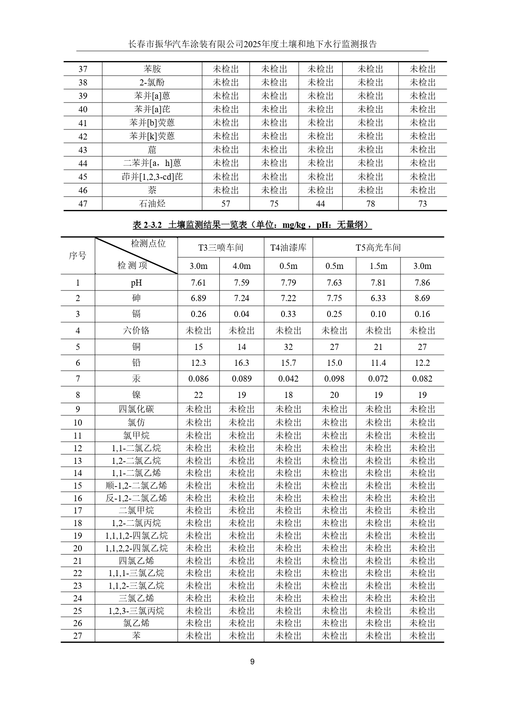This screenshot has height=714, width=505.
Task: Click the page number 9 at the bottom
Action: [x=252, y=661]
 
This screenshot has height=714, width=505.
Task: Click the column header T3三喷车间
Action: [x=221, y=247]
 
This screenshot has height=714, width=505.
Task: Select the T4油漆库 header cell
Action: [x=288, y=247]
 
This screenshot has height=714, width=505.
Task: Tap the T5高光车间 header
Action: [x=378, y=247]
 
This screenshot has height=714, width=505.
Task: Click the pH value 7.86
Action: [x=422, y=282]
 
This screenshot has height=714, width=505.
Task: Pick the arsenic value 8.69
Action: [x=422, y=298]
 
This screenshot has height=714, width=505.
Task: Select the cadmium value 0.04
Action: [x=241, y=314]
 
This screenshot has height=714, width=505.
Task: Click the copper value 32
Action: [x=288, y=347]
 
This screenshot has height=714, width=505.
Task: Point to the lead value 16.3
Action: [x=241, y=362]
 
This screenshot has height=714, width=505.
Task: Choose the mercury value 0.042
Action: [x=288, y=378]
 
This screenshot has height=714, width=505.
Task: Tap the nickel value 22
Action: [x=198, y=395]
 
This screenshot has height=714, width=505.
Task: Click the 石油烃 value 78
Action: [x=370, y=203]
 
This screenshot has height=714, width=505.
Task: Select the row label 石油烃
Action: [x=152, y=203]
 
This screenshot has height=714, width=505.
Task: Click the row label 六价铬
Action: [x=136, y=330]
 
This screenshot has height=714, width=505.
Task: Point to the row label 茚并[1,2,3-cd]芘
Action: [x=152, y=177]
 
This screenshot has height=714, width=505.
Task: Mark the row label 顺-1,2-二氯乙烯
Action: [x=136, y=485]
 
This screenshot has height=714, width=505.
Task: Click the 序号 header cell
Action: [x=77, y=255]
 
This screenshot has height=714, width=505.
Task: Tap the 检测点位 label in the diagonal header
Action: [x=148, y=243]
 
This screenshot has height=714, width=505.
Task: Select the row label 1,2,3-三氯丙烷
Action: [x=136, y=611]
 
